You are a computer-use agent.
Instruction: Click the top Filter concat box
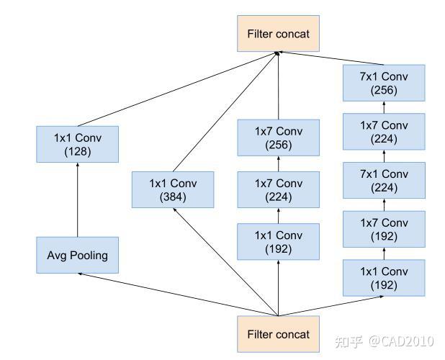coord(278,33)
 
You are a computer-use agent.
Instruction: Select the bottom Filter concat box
coord(278,334)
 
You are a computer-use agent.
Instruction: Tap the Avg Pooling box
coord(77,255)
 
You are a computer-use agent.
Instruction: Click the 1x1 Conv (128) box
coord(77,143)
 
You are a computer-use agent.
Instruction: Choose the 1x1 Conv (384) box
coord(173,189)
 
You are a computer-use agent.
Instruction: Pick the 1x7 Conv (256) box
coord(278,138)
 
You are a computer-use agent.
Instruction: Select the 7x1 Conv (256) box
coord(384,83)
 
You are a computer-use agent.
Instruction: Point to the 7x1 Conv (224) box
coord(384,180)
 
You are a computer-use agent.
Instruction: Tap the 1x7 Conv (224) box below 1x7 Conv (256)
coord(278,189)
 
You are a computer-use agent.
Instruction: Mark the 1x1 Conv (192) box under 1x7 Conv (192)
coord(384,277)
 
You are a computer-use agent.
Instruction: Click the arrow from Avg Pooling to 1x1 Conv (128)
coord(77,199)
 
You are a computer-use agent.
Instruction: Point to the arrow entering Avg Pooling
coord(173,294)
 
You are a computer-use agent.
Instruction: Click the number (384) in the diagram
coord(173,197)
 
